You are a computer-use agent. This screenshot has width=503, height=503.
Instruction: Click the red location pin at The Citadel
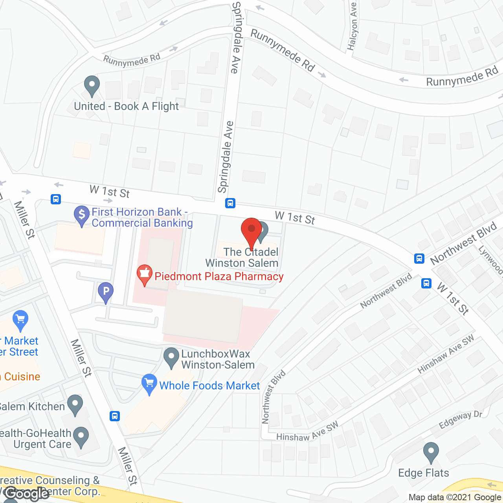tap(251, 232)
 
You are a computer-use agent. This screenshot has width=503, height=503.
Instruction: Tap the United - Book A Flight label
tap(126, 106)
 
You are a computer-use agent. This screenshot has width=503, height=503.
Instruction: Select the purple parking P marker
tap(105, 292)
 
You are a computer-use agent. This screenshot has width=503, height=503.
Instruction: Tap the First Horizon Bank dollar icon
tap(82, 215)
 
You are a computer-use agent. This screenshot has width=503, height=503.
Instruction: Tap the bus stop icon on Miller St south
tap(115, 416)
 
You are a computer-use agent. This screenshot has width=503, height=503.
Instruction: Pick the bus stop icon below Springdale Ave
tap(230, 203)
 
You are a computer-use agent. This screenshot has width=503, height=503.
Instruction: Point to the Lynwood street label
tap(490, 259)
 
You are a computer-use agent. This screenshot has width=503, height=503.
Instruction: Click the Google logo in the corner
tap(28, 493)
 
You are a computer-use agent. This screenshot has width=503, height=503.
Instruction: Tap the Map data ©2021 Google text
tap(455, 497)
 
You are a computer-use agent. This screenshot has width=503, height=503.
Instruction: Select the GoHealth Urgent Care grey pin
tap(81, 437)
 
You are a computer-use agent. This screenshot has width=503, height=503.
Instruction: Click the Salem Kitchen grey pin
tap(75, 404)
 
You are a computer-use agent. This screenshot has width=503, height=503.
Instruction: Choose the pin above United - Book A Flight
tap(92, 85)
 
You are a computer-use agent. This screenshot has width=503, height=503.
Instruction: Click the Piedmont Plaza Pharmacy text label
tap(219, 277)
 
